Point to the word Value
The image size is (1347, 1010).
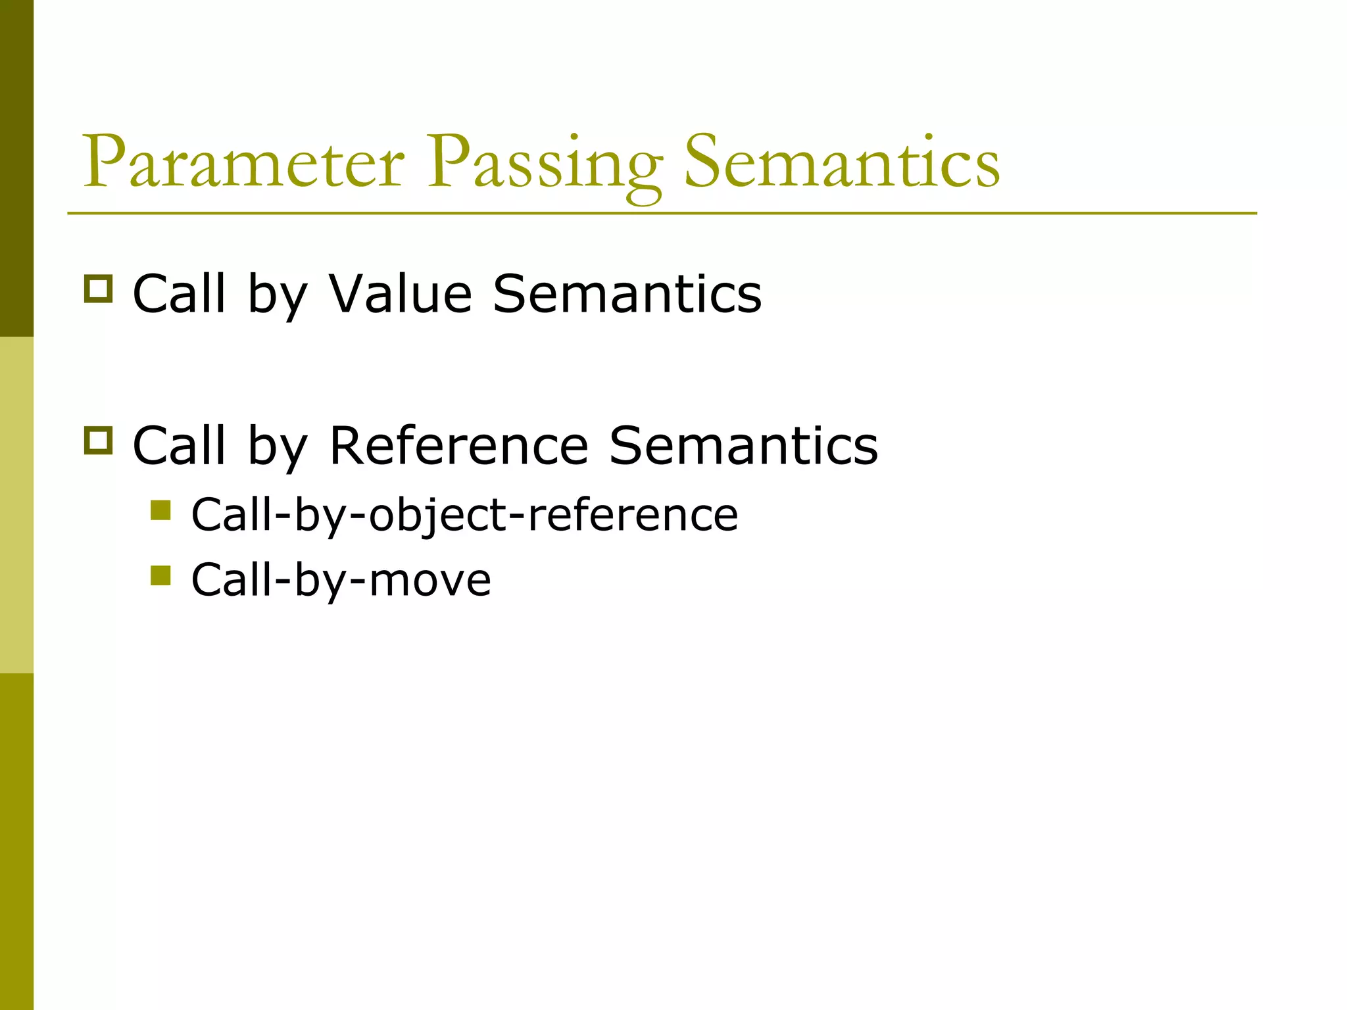click(400, 293)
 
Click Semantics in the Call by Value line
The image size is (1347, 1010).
click(627, 293)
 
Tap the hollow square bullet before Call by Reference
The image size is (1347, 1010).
click(99, 440)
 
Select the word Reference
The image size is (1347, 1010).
click(458, 445)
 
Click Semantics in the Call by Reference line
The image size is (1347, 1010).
click(743, 445)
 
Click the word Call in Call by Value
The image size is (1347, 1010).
click(179, 293)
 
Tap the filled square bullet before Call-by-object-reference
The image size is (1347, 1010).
click(160, 510)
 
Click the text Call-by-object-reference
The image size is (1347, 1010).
click(464, 515)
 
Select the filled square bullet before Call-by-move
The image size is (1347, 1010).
click(160, 575)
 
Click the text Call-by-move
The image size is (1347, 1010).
click(341, 580)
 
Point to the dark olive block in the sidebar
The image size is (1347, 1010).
click(16, 168)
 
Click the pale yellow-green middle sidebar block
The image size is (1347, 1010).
click(16, 505)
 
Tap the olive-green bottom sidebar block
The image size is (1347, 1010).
click(16, 842)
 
